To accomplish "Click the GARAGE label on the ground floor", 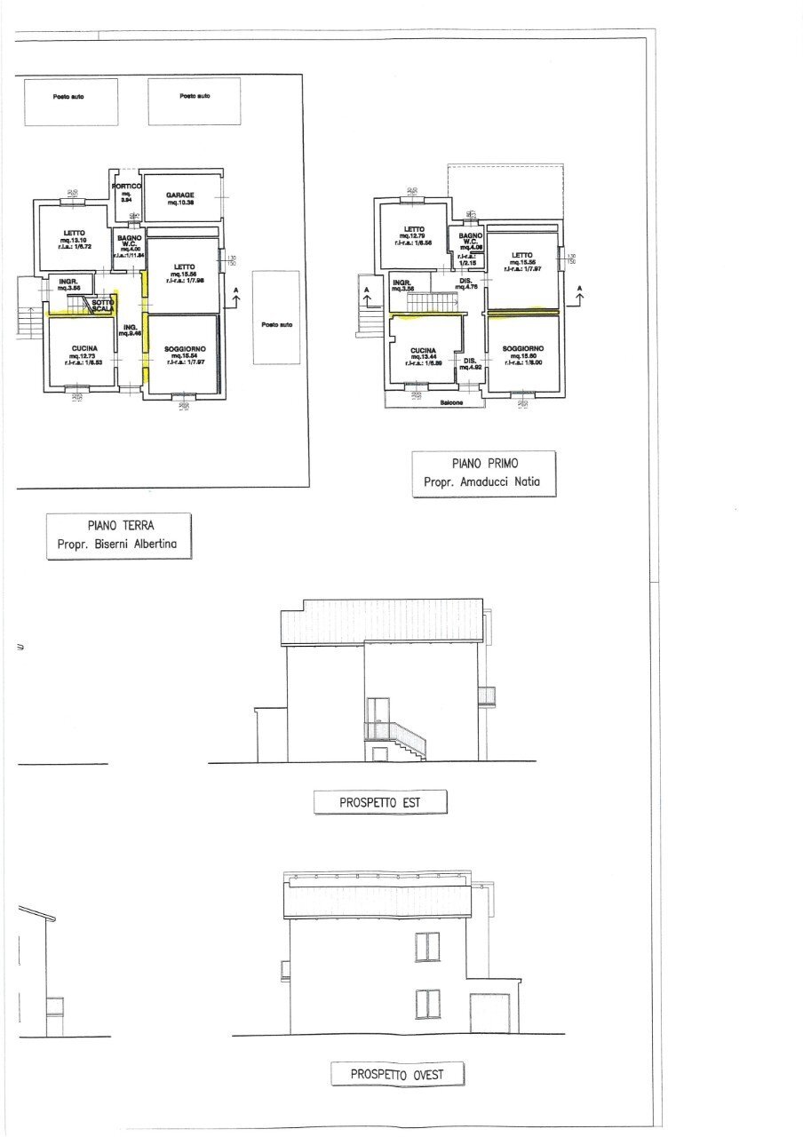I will click(x=180, y=195).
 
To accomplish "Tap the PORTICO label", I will click(x=127, y=187).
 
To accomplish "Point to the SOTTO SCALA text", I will click(x=101, y=305).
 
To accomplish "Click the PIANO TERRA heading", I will click(x=120, y=525).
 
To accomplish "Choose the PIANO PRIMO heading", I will click(x=483, y=463).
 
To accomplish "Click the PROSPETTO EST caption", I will click(x=380, y=803).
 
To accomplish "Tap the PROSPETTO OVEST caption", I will click(x=397, y=1074).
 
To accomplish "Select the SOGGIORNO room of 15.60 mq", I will click(x=522, y=353).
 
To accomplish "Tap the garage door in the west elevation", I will click(x=489, y=1014).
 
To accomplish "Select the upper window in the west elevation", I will click(x=427, y=947).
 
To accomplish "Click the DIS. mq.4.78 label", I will click(x=467, y=283).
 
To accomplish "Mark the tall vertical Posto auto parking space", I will click(x=276, y=317).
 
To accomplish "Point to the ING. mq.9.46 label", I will click(x=131, y=330).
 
